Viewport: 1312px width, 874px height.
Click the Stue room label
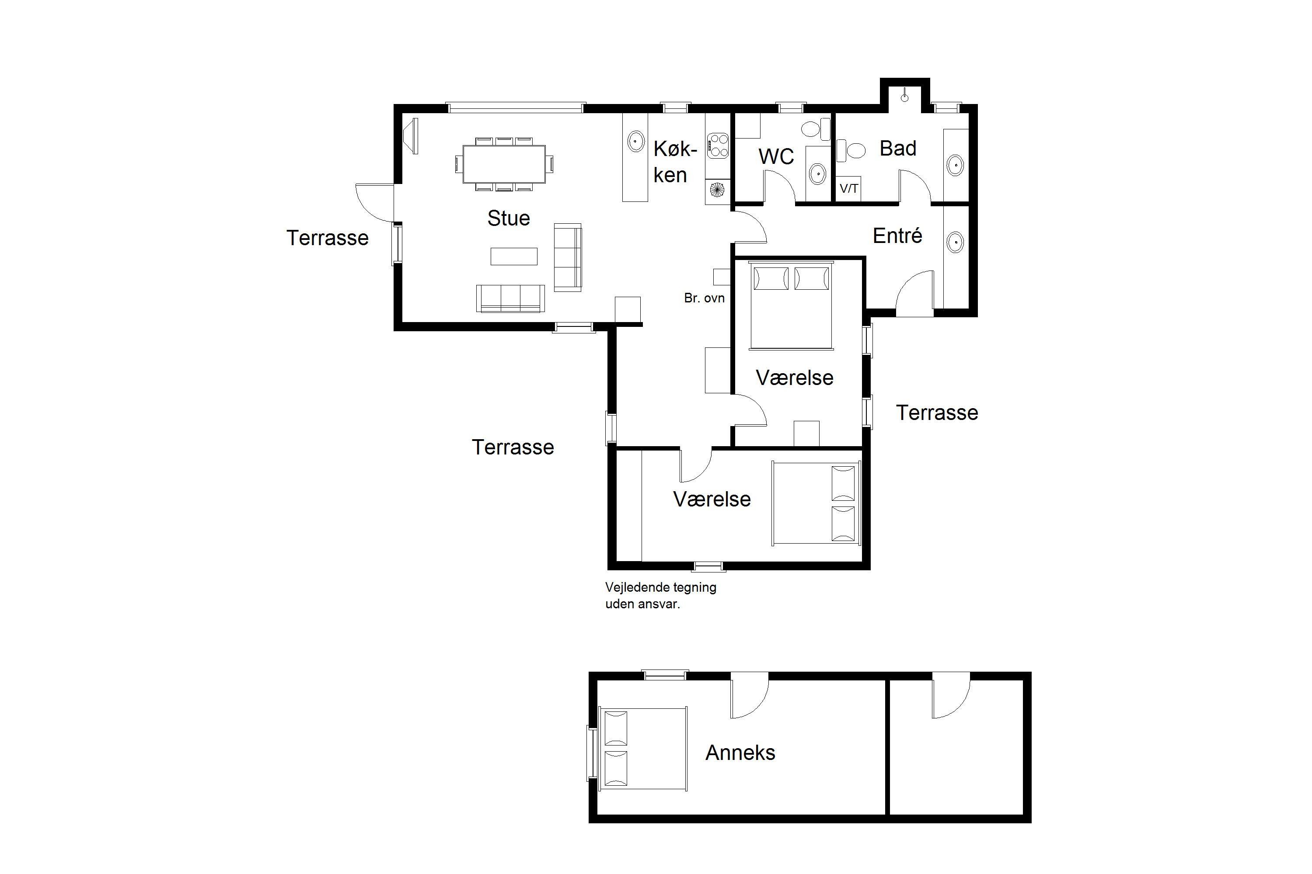point(508,218)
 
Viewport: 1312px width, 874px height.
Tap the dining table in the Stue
point(504,164)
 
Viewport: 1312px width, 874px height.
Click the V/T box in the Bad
point(848,189)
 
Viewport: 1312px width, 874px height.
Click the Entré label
point(897,236)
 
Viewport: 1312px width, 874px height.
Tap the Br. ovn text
point(704,298)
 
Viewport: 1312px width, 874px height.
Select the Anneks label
point(740,753)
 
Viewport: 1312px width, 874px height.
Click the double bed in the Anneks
point(642,749)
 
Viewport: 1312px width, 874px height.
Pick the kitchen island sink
point(636,141)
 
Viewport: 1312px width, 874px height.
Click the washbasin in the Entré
point(955,243)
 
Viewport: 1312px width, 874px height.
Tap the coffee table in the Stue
point(514,257)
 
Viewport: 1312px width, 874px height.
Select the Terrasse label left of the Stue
point(328,238)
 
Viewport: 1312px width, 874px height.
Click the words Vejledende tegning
point(660,587)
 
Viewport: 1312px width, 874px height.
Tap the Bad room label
point(897,148)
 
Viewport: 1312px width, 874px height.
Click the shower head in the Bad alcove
point(904,97)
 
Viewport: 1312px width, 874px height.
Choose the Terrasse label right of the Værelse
point(937,413)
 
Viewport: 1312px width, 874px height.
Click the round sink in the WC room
point(817,173)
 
